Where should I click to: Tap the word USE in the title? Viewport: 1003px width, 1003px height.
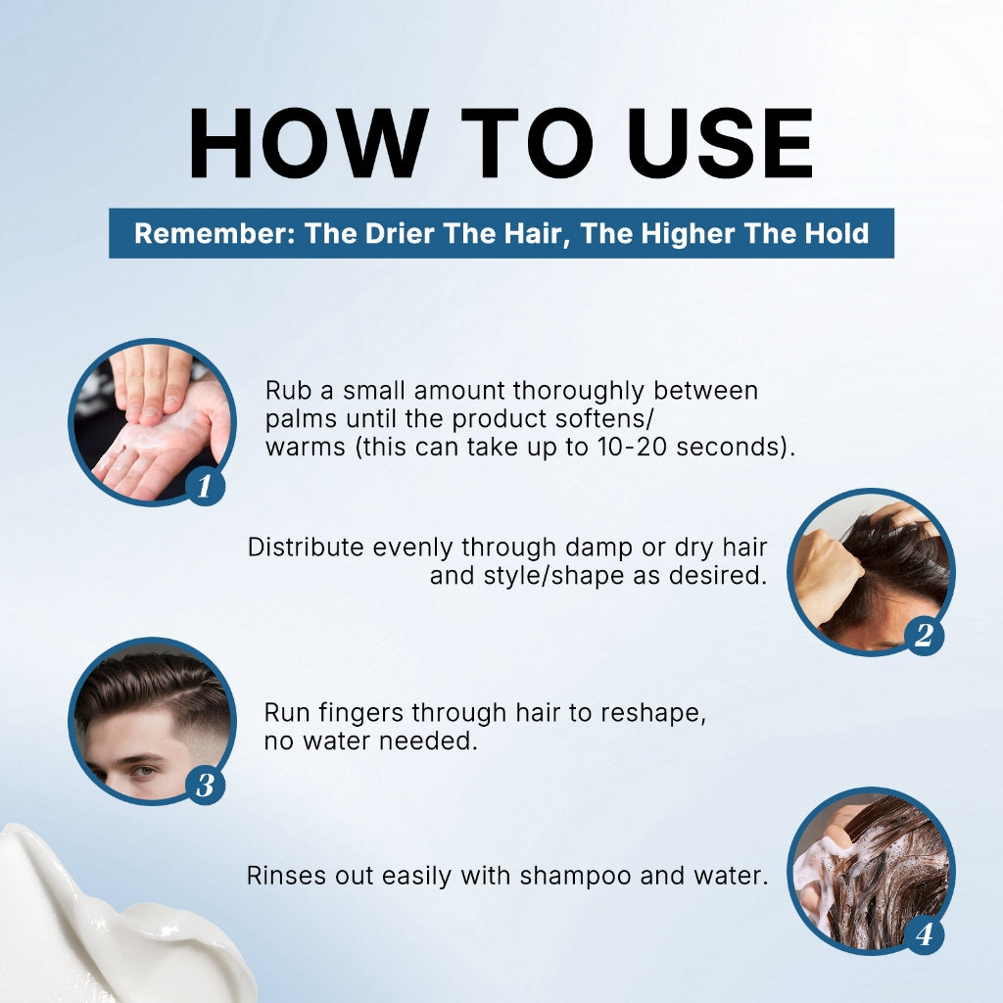720,143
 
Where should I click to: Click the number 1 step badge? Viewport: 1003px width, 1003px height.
205,486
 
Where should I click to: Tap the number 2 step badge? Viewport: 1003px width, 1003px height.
924,635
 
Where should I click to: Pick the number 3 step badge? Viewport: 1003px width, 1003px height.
205,785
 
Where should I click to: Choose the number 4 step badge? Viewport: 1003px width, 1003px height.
924,934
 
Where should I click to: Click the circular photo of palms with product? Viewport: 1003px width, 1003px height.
152,422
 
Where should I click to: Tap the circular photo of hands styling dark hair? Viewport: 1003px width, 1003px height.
871,572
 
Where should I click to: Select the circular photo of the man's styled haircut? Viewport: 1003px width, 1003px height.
152,721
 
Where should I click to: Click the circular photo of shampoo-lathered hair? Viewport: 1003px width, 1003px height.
871,871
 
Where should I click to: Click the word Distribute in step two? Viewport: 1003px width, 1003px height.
306,548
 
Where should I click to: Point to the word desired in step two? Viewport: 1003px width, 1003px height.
718,576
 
